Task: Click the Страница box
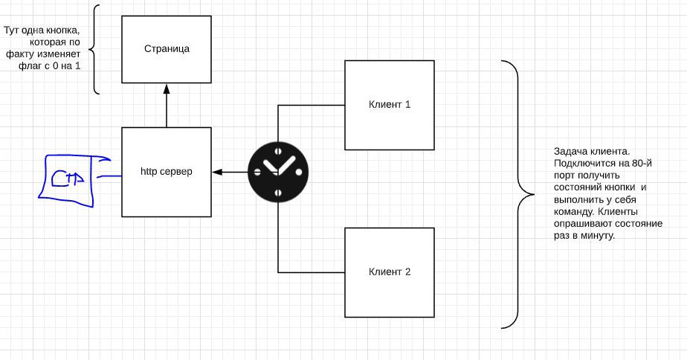coord(167,49)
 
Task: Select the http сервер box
coord(167,172)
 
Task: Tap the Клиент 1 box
coord(390,105)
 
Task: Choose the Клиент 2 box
coord(390,272)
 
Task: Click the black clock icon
coord(277,172)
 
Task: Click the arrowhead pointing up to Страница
coord(167,88)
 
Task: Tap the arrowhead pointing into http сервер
coord(216,172)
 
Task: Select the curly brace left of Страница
coord(95,50)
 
